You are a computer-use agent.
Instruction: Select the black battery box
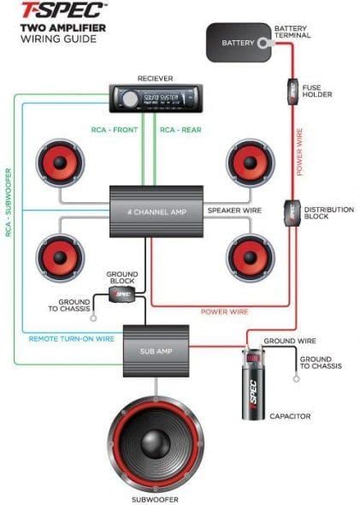pos(238,42)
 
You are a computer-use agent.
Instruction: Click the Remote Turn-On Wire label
pos(71,338)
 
